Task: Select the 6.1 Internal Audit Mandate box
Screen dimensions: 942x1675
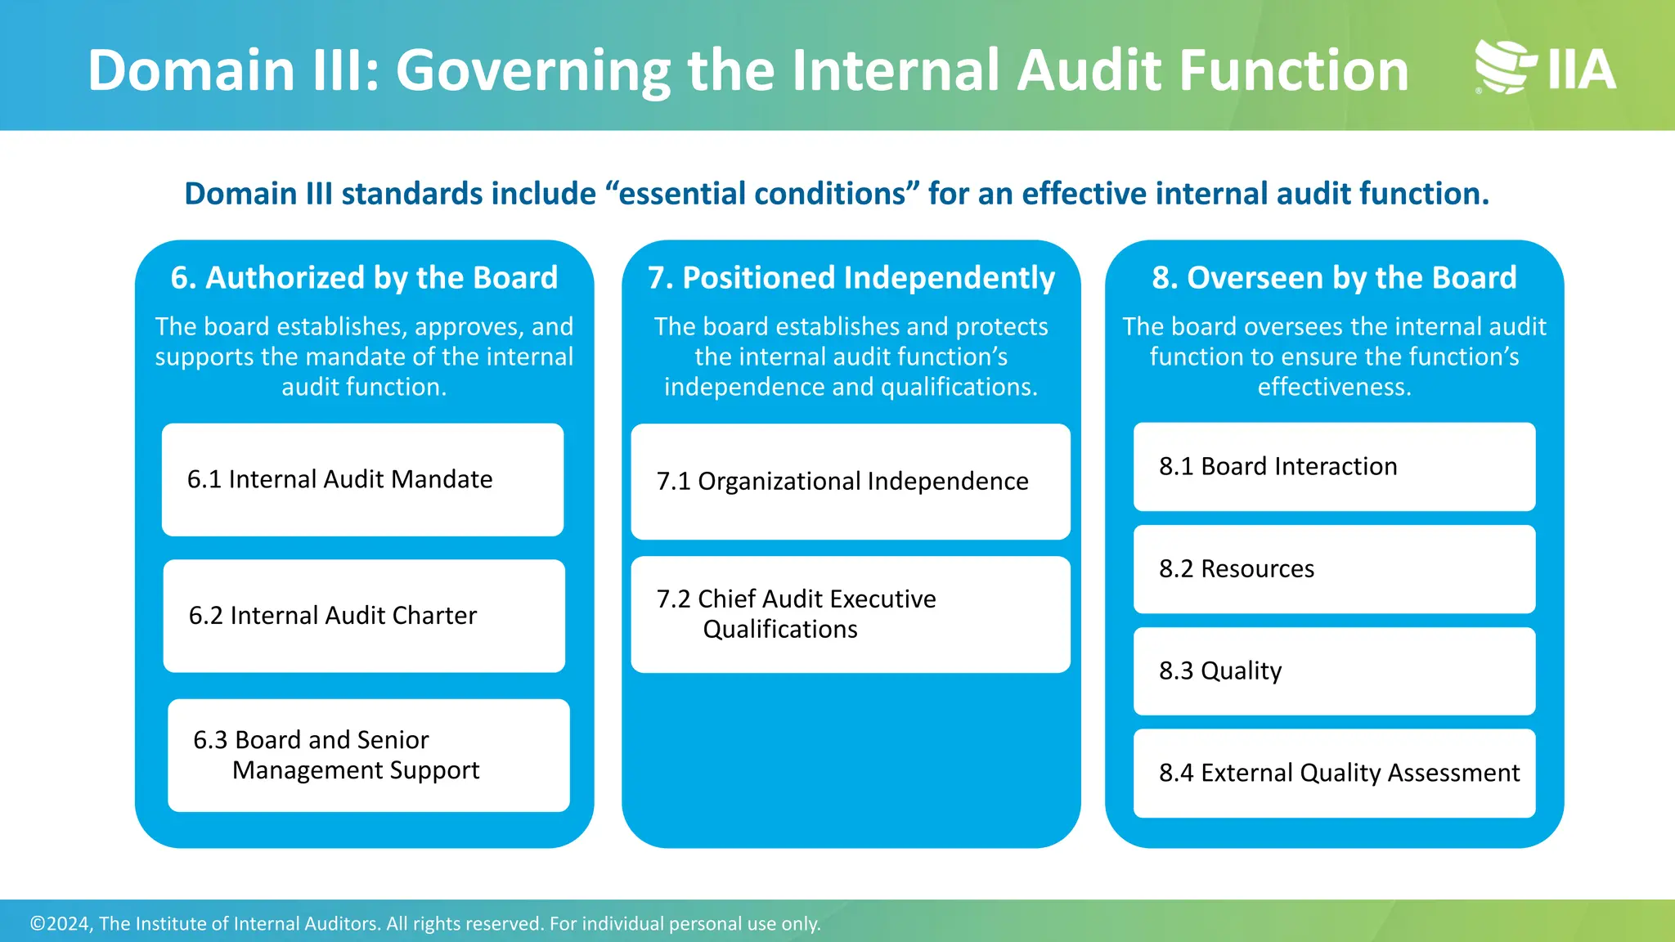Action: click(362, 480)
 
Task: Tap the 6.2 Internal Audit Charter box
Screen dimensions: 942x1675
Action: click(364, 616)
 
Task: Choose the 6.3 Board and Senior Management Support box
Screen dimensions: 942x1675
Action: click(368, 755)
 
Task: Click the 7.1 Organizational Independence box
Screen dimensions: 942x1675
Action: click(850, 482)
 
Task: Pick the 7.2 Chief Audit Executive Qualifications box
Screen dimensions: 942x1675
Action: click(850, 614)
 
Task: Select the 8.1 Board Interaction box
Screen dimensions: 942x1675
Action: click(1334, 467)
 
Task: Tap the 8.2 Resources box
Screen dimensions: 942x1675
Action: click(1334, 569)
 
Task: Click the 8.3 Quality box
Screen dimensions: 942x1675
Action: click(1334, 671)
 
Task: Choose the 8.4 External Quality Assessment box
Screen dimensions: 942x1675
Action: click(1334, 774)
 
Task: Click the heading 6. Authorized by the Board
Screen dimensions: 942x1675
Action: click(364, 278)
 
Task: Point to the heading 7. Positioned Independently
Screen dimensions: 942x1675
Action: click(851, 278)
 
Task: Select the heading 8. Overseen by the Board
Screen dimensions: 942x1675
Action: click(1334, 278)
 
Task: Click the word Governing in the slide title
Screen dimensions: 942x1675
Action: click(533, 72)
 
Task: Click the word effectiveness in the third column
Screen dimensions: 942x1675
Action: click(1334, 387)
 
